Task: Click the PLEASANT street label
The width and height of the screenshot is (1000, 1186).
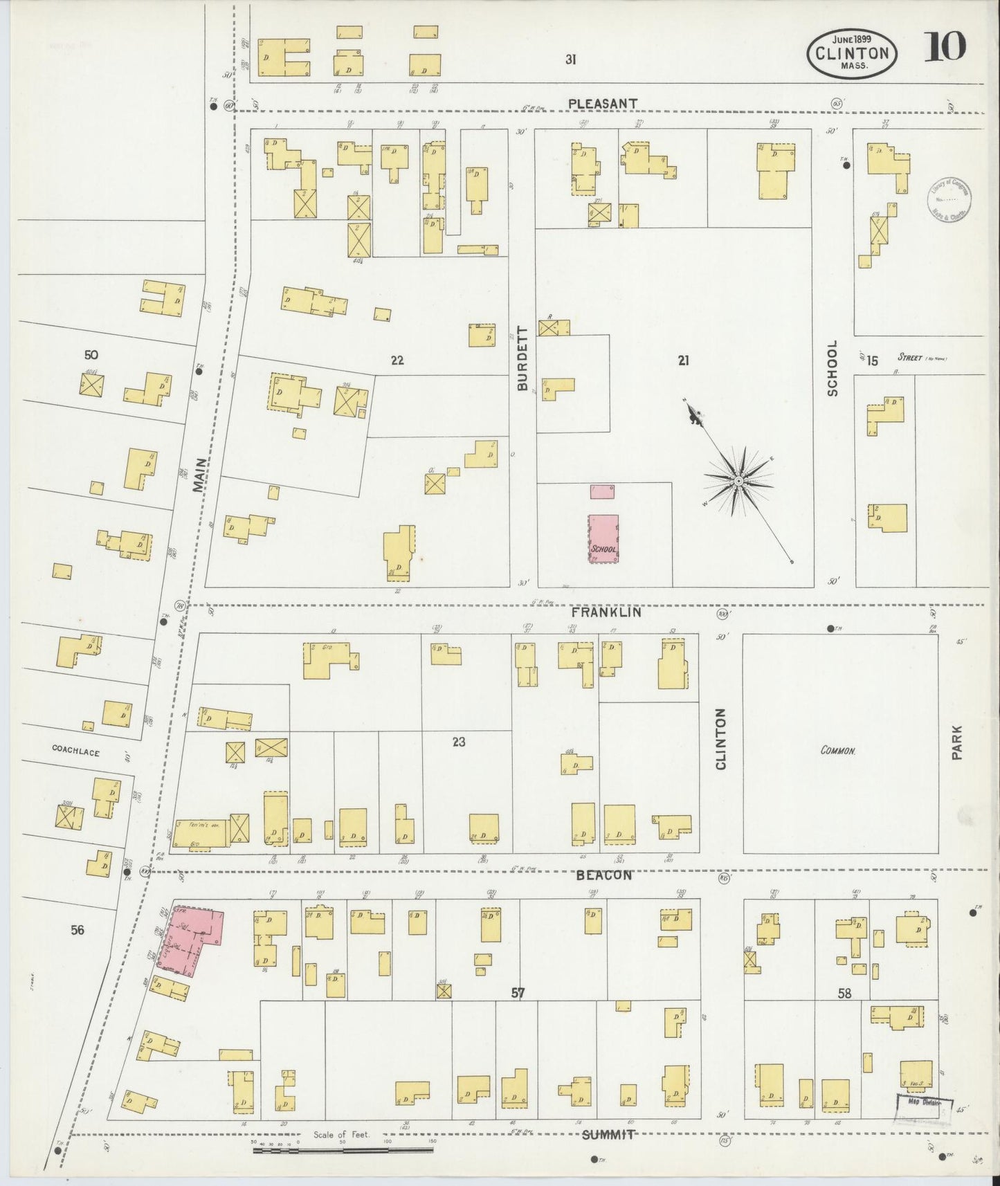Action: point(602,104)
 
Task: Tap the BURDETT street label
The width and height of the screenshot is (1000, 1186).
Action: point(522,358)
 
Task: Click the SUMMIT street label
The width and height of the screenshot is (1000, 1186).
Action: point(607,1135)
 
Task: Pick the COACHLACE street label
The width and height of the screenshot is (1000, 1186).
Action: point(76,751)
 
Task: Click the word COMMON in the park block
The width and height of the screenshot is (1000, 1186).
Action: point(839,750)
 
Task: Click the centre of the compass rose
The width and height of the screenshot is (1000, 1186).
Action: point(738,480)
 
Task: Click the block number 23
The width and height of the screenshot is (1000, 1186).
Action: point(458,742)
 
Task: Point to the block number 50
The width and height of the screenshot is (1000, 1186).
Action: point(91,355)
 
